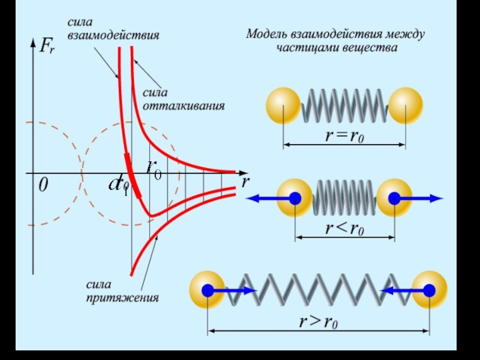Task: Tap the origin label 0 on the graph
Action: tap(43, 186)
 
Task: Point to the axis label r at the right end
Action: tap(245, 182)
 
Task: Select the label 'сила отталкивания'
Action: tap(183, 100)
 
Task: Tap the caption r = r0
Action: tap(345, 136)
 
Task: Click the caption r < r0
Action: tap(345, 229)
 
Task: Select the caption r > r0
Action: tap(319, 322)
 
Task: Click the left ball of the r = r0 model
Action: tap(283, 105)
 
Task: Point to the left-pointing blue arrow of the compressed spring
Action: tap(267, 199)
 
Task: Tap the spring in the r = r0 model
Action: tap(344, 105)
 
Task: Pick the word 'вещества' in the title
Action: tap(373, 47)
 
